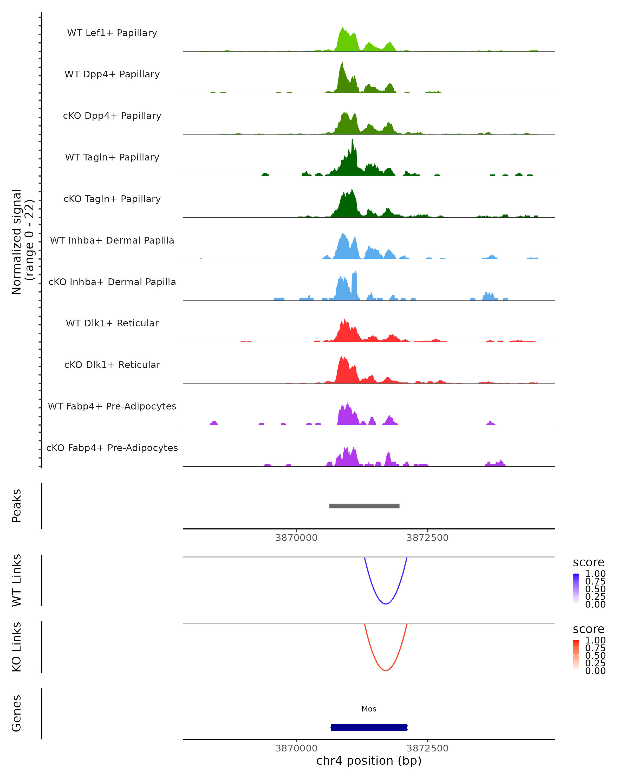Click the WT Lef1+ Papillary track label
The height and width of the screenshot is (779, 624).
pyautogui.click(x=112, y=33)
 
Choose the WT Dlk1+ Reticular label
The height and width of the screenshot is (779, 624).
pyautogui.click(x=112, y=323)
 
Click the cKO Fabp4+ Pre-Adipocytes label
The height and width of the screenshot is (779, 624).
pyautogui.click(x=112, y=448)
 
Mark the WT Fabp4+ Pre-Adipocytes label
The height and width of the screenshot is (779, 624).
pyautogui.click(x=112, y=406)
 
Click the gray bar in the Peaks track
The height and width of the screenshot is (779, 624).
pyautogui.click(x=364, y=506)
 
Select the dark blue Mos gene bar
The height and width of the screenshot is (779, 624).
pyautogui.click(x=369, y=727)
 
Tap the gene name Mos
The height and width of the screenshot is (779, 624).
pyautogui.click(x=369, y=709)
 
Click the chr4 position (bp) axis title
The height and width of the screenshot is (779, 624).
pyautogui.click(x=369, y=761)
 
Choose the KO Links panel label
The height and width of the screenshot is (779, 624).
pyautogui.click(x=17, y=647)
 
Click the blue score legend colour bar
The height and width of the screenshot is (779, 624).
pyautogui.click(x=576, y=588)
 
